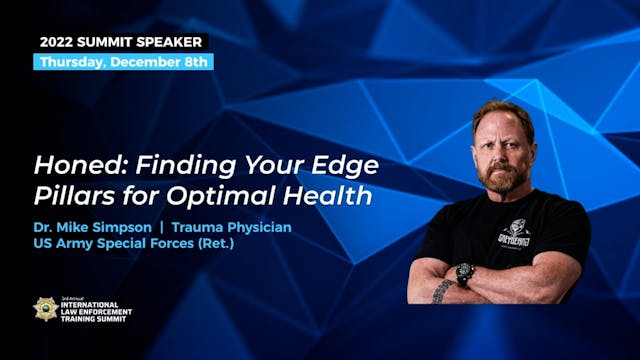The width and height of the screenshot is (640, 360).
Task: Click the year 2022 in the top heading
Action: tap(62, 42)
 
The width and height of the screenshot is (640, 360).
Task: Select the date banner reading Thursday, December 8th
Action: tap(124, 62)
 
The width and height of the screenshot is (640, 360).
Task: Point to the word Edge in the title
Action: tap(346, 164)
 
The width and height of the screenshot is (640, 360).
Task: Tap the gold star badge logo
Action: tap(46, 309)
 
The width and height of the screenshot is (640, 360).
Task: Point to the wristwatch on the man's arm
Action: tap(464, 274)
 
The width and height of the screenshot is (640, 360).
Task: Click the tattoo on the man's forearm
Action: tap(441, 291)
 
